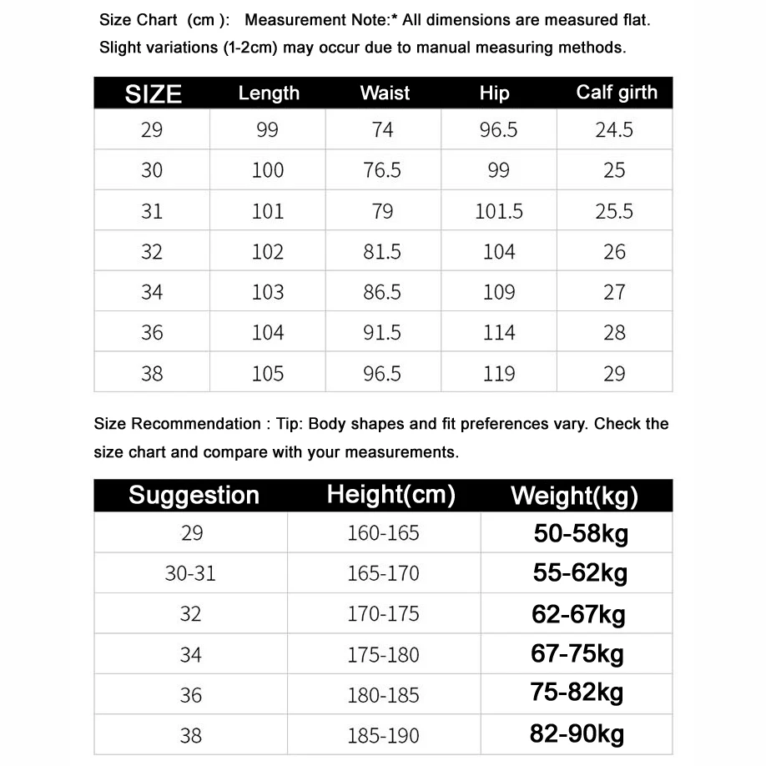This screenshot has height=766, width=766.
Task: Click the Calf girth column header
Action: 616,93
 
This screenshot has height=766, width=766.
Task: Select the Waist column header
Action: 385,93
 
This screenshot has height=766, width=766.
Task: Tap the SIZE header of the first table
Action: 153,93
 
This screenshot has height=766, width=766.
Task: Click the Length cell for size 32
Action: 268,252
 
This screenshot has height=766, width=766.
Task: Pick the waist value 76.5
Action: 382,170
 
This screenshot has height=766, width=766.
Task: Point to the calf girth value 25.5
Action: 614,212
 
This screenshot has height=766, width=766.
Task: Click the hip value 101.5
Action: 499,212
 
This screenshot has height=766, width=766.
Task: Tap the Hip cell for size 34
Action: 499,293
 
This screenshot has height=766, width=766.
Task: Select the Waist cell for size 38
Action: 382,374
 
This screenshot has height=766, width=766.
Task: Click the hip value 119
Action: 499,374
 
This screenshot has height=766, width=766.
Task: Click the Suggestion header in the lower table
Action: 194,496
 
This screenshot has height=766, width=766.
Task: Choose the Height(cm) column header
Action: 391,495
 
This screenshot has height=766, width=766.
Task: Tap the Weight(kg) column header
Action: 574,496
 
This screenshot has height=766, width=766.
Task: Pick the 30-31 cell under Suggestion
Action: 191,574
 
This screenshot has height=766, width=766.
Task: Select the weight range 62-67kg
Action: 578,615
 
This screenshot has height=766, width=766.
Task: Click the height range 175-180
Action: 384,655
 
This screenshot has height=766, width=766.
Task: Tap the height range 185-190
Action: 384,736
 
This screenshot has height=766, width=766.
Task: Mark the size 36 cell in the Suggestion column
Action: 191,695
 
